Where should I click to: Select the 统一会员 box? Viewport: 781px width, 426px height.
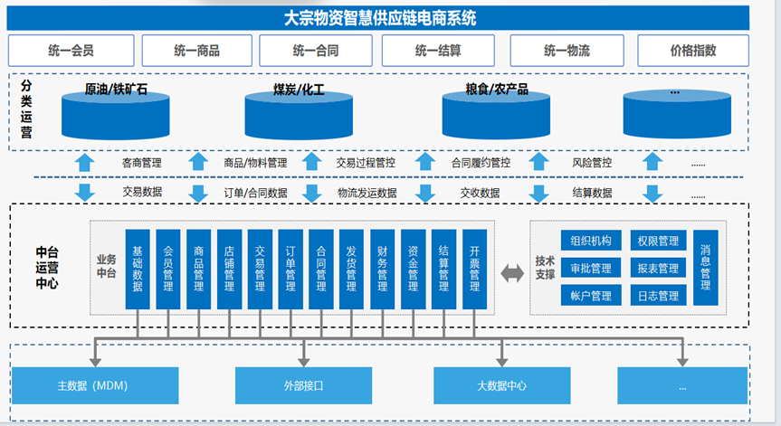coord(71,51)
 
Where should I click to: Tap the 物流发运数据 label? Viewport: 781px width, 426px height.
coord(367,193)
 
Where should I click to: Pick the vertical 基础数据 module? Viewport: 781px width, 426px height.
coord(138,269)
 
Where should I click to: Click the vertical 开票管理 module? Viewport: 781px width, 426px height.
coord(474,269)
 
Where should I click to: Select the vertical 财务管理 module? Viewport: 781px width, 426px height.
coord(382,269)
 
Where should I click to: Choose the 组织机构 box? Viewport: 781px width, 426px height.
coord(590,241)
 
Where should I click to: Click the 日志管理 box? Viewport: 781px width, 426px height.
coord(657,296)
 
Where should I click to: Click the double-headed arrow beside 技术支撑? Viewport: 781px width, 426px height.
coord(512,271)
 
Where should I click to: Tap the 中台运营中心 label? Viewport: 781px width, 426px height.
coord(47,269)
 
